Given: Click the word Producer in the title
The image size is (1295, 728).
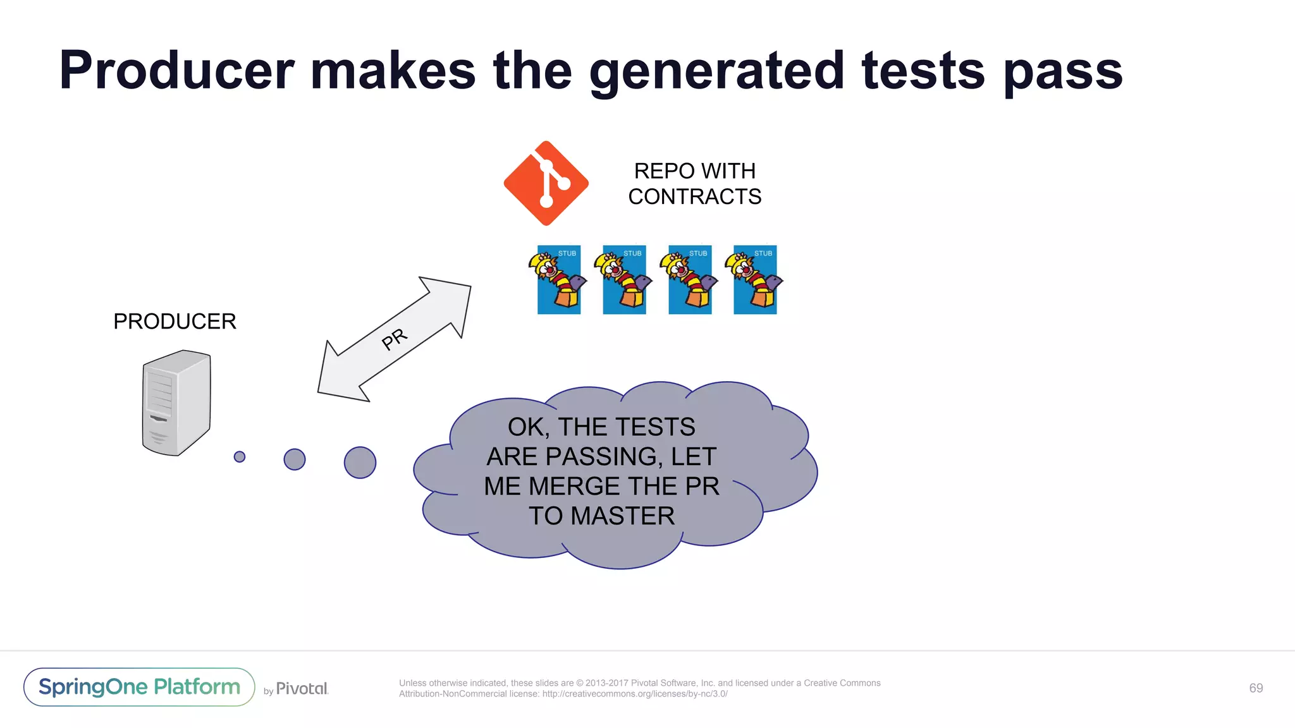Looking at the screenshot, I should click(x=177, y=71).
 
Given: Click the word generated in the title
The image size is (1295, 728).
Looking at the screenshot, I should click(x=716, y=71).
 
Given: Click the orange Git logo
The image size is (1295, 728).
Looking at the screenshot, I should click(x=546, y=183).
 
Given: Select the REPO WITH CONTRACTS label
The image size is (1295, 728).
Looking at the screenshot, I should click(x=694, y=184).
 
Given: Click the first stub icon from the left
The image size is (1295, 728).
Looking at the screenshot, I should click(x=558, y=280).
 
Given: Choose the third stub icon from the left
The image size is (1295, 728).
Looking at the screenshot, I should click(x=689, y=280).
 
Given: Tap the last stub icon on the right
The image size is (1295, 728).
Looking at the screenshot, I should click(x=755, y=280).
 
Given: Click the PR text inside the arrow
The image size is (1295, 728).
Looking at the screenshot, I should click(x=395, y=339).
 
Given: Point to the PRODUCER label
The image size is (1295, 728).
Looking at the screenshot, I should click(x=175, y=321).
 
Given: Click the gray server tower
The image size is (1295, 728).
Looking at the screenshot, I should click(x=176, y=403).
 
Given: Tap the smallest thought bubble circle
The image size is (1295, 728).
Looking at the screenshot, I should click(x=240, y=456).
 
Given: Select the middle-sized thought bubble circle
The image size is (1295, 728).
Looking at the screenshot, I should click(x=295, y=459).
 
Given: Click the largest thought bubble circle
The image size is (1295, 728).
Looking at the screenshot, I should click(x=360, y=463).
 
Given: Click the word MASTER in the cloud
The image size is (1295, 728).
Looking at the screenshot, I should click(x=622, y=516).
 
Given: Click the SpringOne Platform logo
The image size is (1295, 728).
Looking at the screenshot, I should click(x=139, y=687).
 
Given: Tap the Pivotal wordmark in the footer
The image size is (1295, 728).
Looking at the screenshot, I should click(x=302, y=689).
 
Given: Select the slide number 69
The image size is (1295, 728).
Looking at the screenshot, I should click(x=1256, y=688).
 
